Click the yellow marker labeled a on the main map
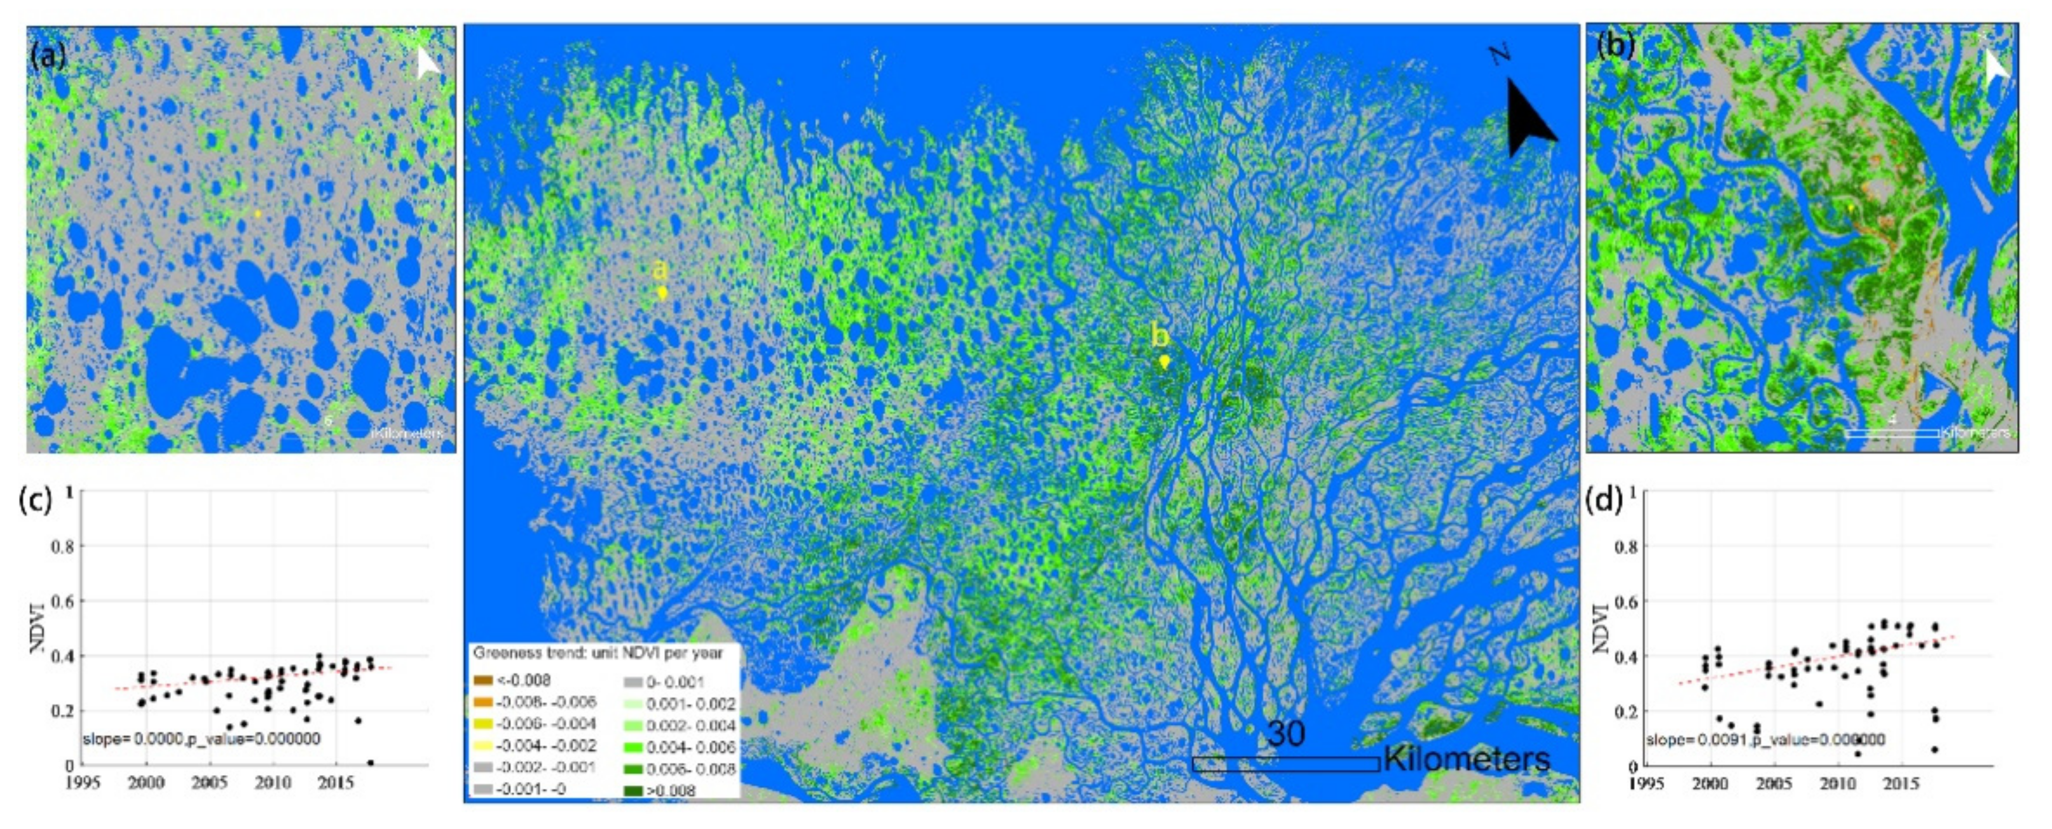pyautogui.click(x=662, y=292)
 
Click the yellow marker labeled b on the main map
pyautogui.click(x=1165, y=361)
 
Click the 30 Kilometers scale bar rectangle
pyautogui.click(x=1286, y=764)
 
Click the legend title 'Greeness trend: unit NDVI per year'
pyautogui.click(x=598, y=653)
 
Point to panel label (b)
pyautogui.click(x=1615, y=46)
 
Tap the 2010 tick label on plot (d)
pyautogui.click(x=1838, y=784)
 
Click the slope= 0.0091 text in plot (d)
pyautogui.click(x=1697, y=741)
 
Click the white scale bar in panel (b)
pyautogui.click(x=1892, y=433)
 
